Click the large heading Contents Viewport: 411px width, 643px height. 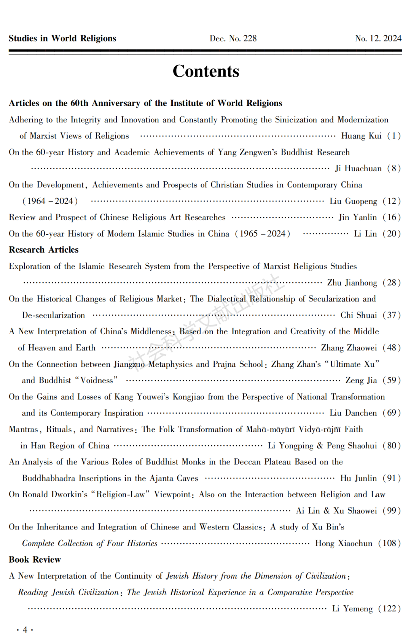tap(206, 71)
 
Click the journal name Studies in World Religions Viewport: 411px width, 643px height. tap(62, 38)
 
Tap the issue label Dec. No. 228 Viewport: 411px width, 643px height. tap(233, 38)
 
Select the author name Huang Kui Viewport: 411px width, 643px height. tap(361, 136)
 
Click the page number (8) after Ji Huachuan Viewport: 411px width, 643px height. tap(393, 168)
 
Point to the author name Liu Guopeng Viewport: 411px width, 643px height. tap(353, 201)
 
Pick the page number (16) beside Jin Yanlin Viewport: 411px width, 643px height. tap(392, 218)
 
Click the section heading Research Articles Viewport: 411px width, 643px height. tap(44, 250)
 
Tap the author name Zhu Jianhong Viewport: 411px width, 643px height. tap(352, 283)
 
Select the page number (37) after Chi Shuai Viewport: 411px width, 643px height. tap(392, 315)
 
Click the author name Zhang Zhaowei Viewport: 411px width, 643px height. tap(349, 348)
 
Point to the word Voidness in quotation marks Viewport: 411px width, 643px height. tap(97, 381)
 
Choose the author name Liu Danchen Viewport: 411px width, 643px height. tap(353, 413)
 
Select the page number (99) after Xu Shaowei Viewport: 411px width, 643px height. tap(392, 511)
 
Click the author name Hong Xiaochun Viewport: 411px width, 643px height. tap(344, 544)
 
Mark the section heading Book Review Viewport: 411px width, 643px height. tap(35, 560)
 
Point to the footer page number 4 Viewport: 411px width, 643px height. tap(25, 630)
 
